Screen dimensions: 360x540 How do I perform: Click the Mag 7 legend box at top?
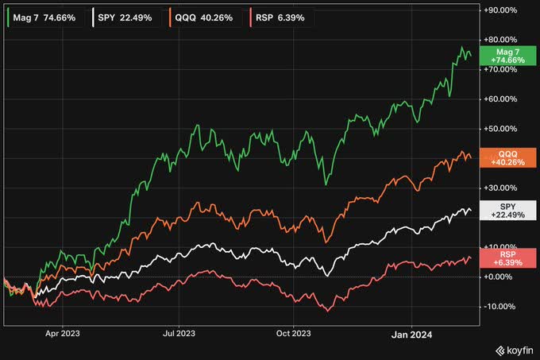pos(45,16)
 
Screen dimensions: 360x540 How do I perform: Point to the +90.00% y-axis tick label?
pos(505,11)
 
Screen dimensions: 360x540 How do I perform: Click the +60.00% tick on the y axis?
pos(505,99)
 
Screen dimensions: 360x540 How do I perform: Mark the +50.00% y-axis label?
pos(505,129)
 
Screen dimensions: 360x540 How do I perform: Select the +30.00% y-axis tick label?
pos(505,188)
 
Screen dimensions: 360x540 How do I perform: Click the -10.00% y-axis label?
pos(507,306)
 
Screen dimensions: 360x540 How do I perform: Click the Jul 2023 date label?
pos(179,335)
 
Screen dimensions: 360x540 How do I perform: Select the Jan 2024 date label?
pos(411,335)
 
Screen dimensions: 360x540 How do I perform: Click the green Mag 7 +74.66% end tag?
pos(506,55)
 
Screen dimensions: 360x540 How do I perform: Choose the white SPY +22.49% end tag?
pos(506,210)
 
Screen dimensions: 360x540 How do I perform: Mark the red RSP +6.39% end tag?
pos(506,257)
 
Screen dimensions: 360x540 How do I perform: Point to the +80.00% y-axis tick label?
pos(505,40)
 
